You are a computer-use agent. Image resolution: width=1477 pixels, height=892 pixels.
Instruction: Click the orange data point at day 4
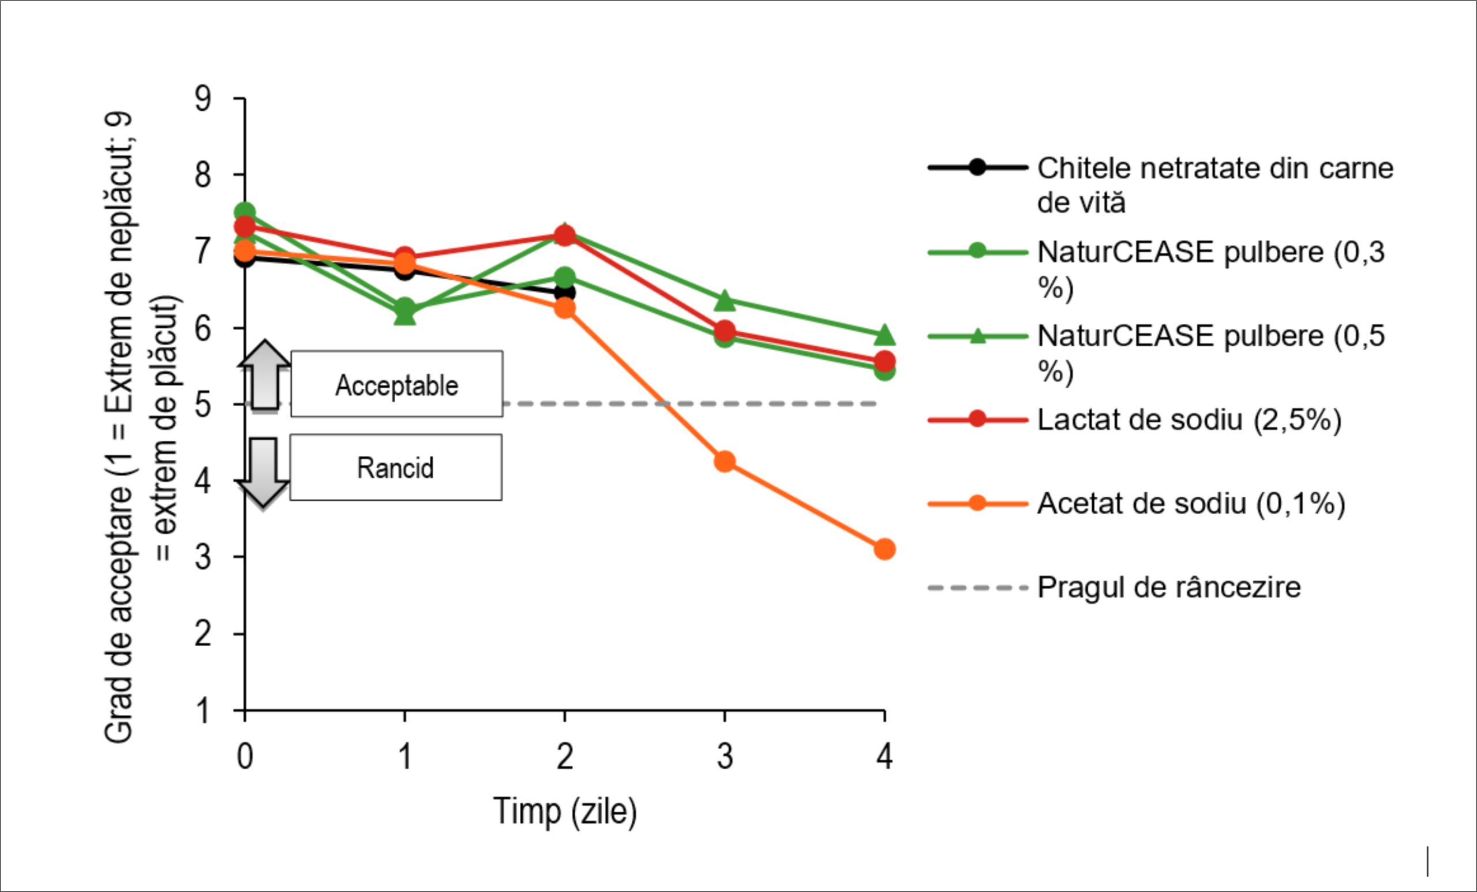pos(884,549)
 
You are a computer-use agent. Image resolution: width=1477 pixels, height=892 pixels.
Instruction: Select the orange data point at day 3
pos(725,461)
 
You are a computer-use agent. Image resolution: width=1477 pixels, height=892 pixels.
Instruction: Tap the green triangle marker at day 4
pos(884,336)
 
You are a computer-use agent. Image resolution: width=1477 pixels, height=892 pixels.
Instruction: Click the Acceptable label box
pos(397,384)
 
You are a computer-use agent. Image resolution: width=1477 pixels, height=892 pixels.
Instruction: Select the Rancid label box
pos(396,467)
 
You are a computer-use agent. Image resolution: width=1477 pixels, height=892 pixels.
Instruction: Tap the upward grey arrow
pos(264,375)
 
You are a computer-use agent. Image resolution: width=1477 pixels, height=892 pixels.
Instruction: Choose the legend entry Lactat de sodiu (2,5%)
pos(1135,419)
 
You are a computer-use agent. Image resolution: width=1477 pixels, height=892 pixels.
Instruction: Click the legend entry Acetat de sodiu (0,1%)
pos(1137,503)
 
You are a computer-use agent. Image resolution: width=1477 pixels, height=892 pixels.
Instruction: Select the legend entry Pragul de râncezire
pos(1114,587)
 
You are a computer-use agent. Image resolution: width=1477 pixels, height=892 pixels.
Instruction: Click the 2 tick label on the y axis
pos(203,634)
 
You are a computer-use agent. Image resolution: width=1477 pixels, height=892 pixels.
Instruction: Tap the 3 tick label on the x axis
pos(725,756)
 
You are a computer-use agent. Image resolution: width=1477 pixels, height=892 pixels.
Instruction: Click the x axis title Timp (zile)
pos(565,812)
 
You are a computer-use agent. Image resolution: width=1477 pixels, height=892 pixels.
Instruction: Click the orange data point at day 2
pos(564,308)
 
